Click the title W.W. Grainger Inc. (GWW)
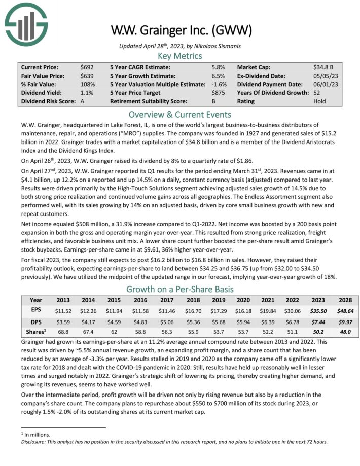[179, 31]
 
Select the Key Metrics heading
[179, 56]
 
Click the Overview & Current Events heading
[179, 114]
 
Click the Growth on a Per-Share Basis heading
[179, 290]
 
